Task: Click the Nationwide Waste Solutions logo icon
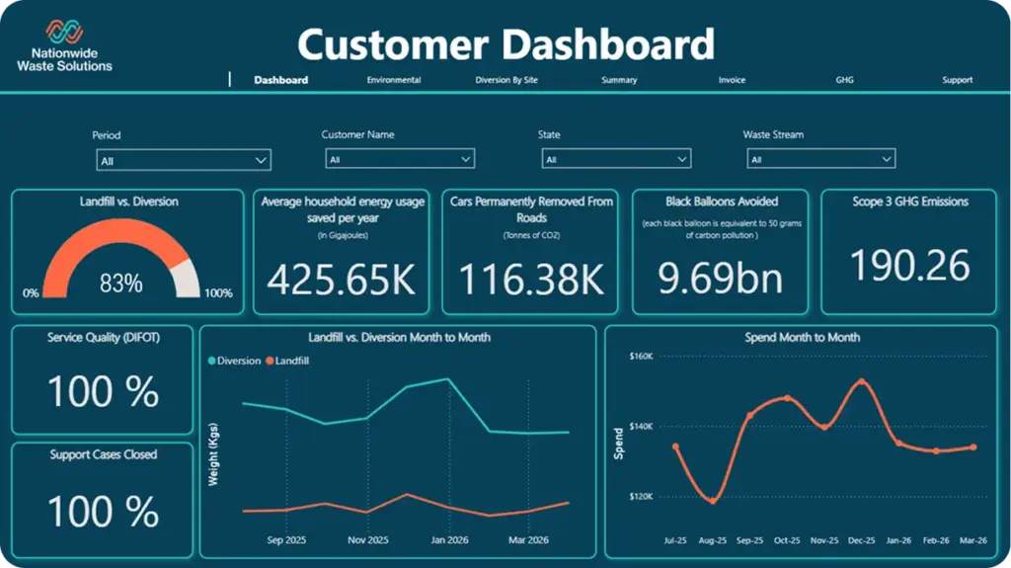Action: (64, 32)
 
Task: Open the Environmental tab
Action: (394, 80)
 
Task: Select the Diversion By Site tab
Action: (506, 80)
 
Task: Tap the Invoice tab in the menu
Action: (732, 80)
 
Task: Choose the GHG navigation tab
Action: (845, 80)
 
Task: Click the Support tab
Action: (957, 80)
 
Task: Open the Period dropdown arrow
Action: (261, 160)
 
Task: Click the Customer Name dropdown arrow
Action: (466, 159)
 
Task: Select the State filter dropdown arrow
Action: (681, 159)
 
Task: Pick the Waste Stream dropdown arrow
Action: (887, 159)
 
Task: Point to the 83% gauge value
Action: (121, 283)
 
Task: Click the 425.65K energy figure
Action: (342, 279)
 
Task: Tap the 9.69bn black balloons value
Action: (720, 278)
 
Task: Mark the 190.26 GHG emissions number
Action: (909, 266)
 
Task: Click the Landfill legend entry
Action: (287, 361)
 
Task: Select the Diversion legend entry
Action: (234, 361)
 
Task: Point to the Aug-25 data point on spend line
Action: (713, 501)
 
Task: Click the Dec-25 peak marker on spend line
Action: (861, 381)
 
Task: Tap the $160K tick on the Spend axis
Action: (641, 356)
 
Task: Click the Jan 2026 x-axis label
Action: (449, 539)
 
